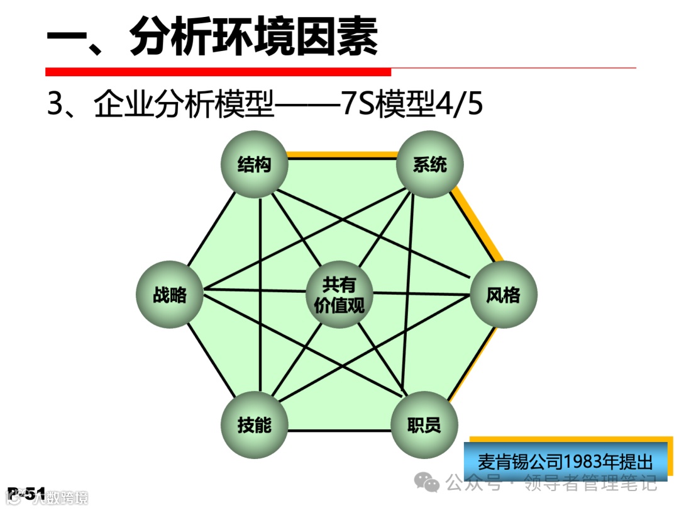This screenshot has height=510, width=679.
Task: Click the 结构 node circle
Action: (x=255, y=165)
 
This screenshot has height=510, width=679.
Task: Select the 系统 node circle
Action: (x=430, y=165)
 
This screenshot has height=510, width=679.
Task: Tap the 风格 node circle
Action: (x=504, y=295)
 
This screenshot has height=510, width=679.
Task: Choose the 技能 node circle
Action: (x=255, y=425)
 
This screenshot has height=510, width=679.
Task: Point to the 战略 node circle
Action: (x=170, y=295)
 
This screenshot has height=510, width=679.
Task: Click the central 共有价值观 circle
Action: (x=339, y=295)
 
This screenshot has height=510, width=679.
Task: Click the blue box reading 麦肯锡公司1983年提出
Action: (x=565, y=462)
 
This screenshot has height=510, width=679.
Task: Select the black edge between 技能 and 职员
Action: (x=339, y=431)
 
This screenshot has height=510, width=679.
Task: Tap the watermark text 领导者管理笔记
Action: (x=587, y=484)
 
